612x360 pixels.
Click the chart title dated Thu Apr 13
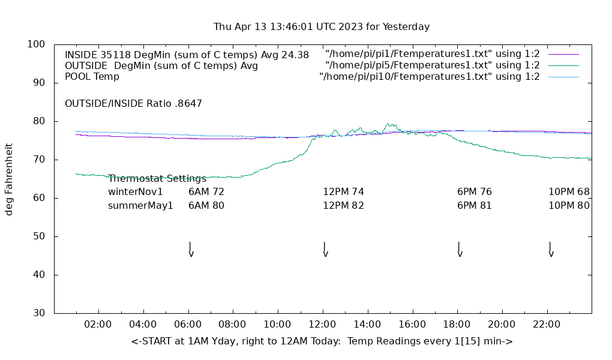tap(322, 27)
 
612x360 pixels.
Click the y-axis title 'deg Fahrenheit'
tap(9, 179)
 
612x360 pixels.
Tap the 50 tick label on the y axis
tap(39, 236)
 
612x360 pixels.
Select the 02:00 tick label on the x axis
tap(98, 325)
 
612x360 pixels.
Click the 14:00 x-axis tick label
tap(367, 325)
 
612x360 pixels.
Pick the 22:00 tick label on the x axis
tap(547, 325)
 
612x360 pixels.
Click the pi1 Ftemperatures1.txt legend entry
tap(432, 55)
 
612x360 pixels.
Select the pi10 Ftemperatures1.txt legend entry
tap(429, 76)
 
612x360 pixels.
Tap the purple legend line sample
tap(563, 55)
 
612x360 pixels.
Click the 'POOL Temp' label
tap(92, 76)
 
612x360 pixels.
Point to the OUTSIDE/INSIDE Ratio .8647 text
tap(133, 103)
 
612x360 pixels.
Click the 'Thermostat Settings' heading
tap(157, 178)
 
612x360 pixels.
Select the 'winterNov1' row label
tap(136, 192)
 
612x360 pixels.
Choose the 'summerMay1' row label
tap(140, 205)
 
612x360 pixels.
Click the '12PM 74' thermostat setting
tap(343, 192)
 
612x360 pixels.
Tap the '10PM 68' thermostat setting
tap(569, 192)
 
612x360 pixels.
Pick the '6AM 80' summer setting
tap(206, 205)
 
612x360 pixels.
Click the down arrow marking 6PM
tap(460, 249)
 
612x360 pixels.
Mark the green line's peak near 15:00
tap(388, 124)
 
